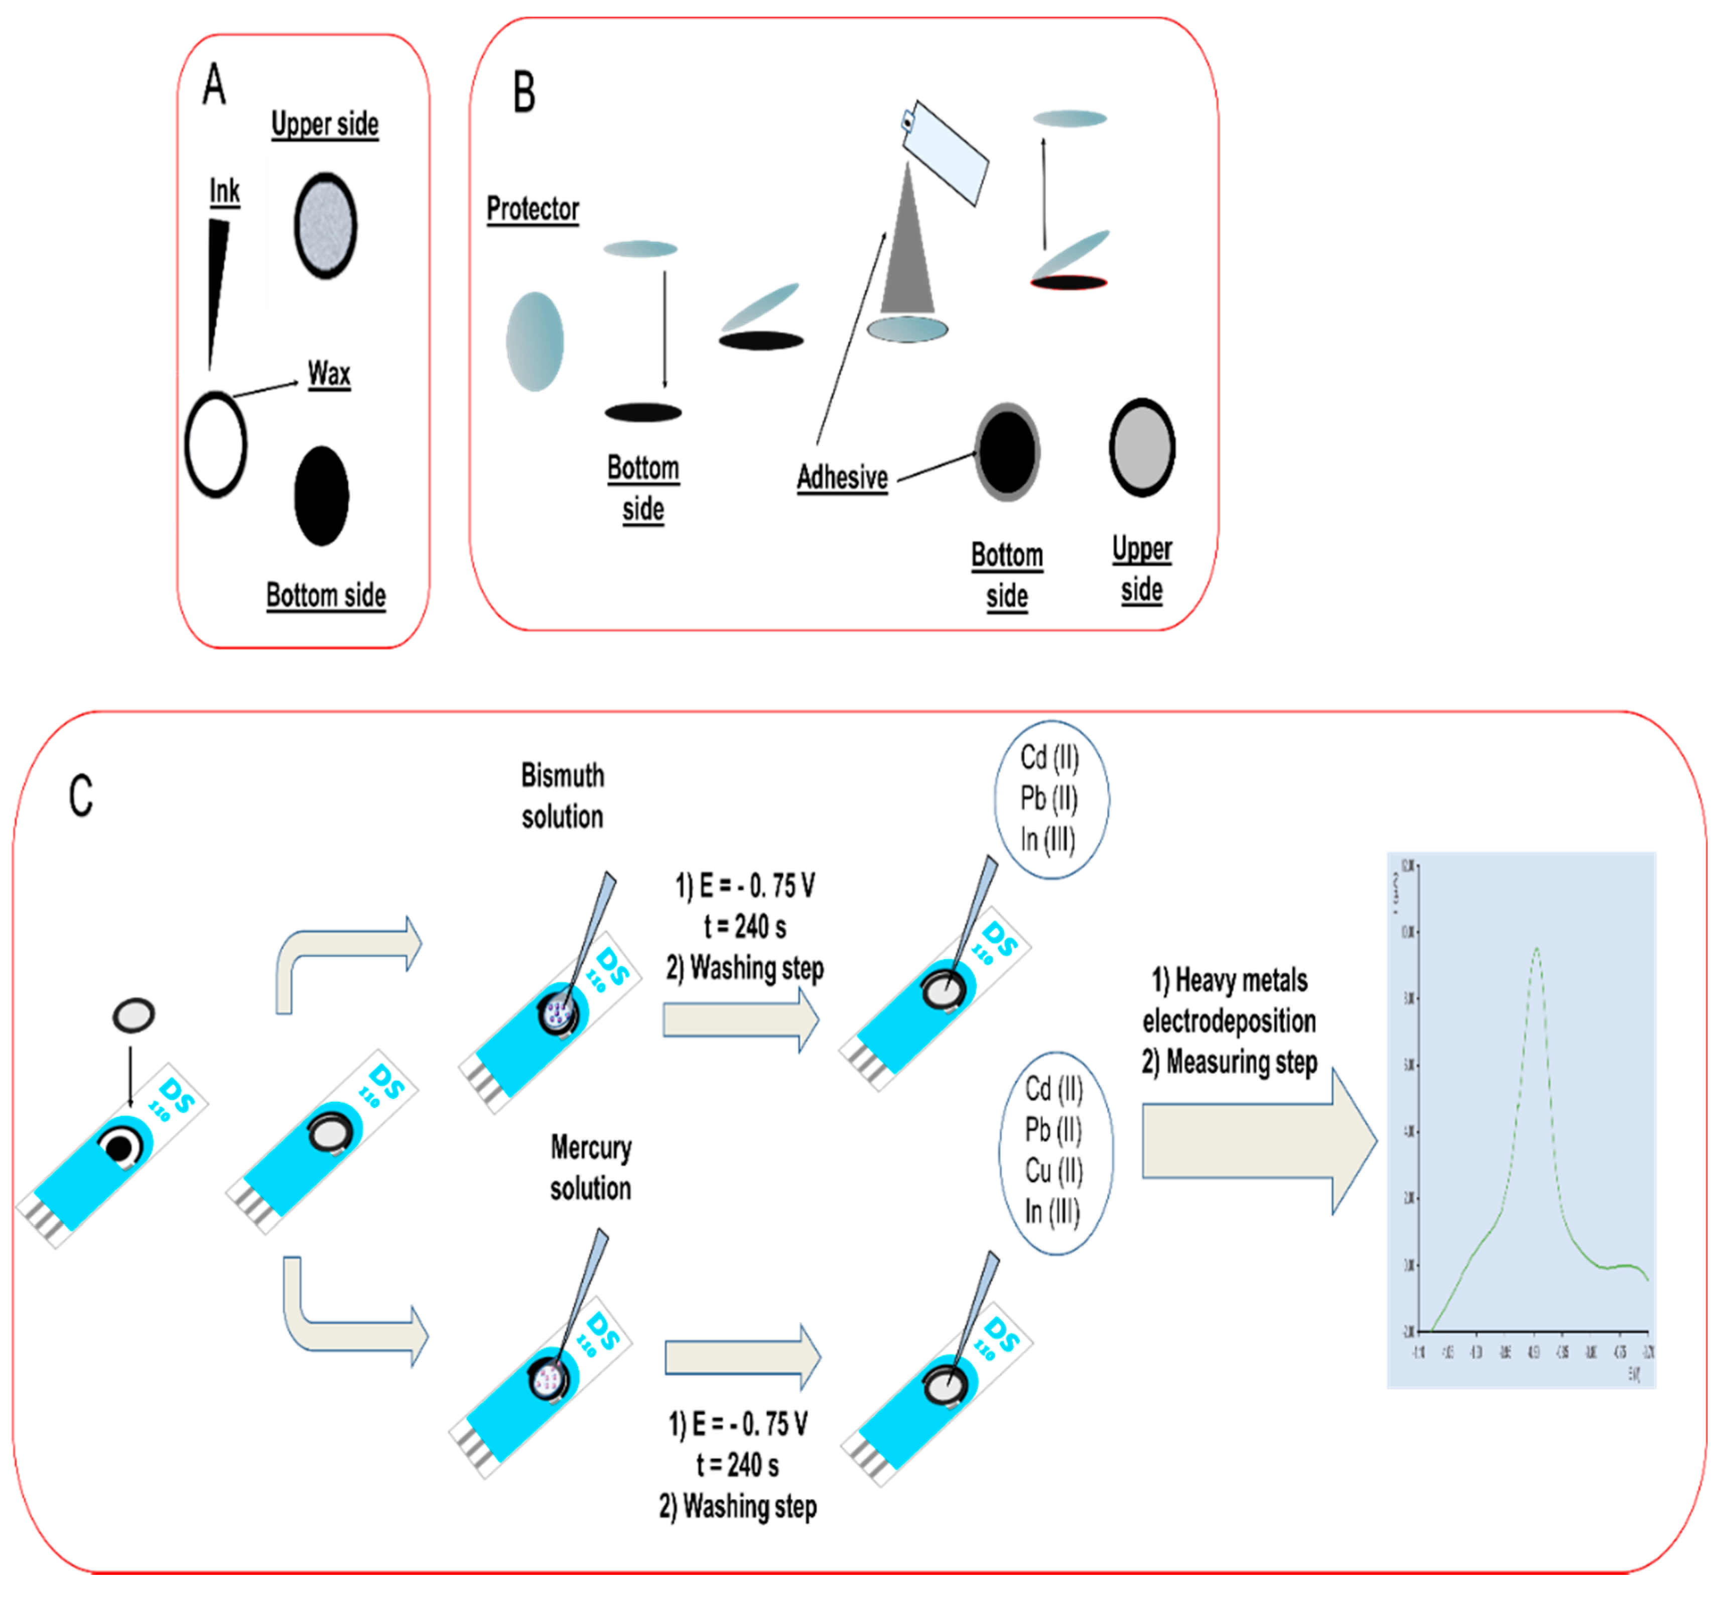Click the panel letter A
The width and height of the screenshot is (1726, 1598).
[x=214, y=85]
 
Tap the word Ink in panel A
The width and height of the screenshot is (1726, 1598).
[x=224, y=191]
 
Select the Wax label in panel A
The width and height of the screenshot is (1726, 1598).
[x=328, y=374]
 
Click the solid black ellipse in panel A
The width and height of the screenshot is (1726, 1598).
[x=322, y=496]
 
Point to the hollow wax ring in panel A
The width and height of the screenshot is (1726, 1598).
[x=215, y=444]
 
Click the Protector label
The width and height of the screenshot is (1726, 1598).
[x=533, y=209]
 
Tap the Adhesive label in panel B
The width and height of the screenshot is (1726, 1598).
[x=842, y=477]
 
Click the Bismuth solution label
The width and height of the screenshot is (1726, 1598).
[x=563, y=795]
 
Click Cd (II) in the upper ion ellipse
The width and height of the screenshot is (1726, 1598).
[x=1049, y=757]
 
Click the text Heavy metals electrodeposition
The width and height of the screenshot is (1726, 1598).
[x=1229, y=1000]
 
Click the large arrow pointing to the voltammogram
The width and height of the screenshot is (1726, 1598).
[x=1258, y=1142]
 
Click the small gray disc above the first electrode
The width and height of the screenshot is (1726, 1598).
[x=134, y=1014]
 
